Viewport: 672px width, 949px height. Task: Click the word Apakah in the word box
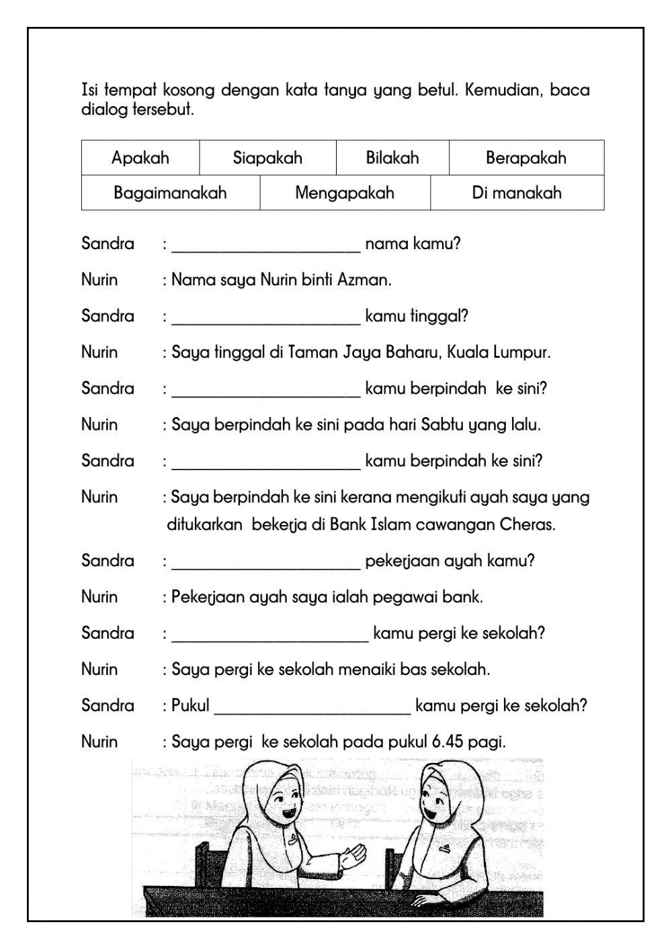click(140, 159)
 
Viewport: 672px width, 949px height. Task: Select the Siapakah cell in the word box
click(267, 159)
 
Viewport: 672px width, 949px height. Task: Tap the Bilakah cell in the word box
click(392, 159)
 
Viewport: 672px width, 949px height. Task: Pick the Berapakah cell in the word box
click(526, 159)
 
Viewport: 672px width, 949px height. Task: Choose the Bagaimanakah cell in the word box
click(170, 193)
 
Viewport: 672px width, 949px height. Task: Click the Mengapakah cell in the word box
click(344, 193)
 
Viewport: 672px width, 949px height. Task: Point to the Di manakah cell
click(516, 193)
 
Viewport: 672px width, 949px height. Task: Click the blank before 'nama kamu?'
click(266, 244)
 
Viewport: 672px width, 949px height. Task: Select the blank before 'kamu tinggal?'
click(266, 317)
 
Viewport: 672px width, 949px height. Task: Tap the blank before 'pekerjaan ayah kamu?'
click(266, 561)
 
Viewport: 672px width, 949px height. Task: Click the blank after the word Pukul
click(312, 707)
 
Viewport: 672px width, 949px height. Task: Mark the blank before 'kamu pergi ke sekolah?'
click(270, 634)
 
